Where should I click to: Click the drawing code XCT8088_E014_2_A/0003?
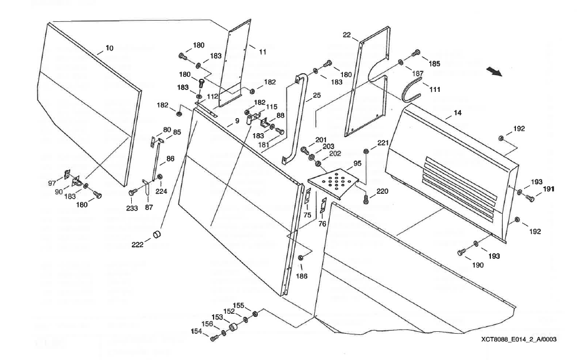pos(518,339)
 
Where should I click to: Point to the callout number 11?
pos(262,51)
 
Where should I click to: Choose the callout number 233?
pos(131,201)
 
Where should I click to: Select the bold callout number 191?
pos(548,188)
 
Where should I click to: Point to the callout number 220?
pos(382,191)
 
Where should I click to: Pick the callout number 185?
pos(433,63)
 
